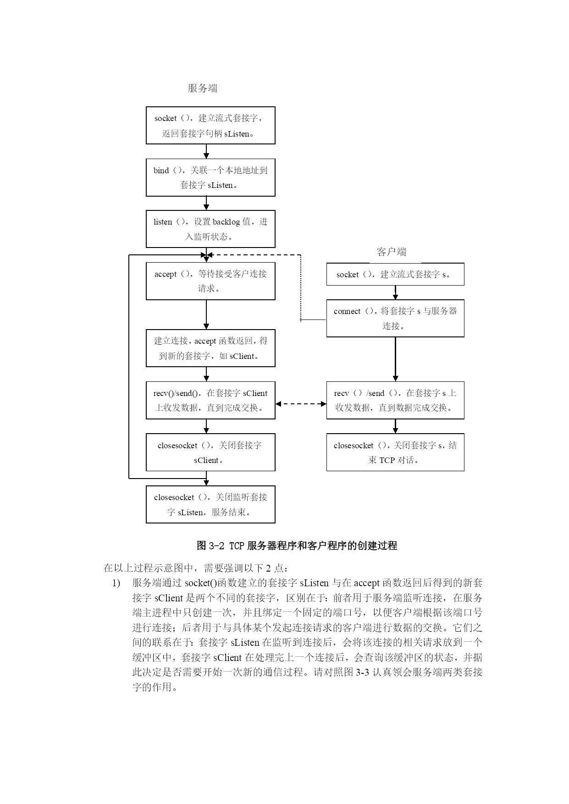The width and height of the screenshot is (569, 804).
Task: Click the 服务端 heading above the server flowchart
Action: point(203,88)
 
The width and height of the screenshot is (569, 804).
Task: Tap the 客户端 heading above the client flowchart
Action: point(392,252)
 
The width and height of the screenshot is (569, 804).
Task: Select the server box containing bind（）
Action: point(210,177)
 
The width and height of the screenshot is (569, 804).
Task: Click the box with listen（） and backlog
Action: point(210,229)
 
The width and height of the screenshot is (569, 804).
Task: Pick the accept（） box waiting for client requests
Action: point(210,281)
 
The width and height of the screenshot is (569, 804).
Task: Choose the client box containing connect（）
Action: point(395,318)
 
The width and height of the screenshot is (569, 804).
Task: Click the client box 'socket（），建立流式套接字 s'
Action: point(395,274)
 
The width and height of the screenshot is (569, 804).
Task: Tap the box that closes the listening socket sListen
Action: point(210,504)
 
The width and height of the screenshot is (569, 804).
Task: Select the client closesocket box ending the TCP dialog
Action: point(395,452)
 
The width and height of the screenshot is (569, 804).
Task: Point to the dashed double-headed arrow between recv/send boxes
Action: point(301,404)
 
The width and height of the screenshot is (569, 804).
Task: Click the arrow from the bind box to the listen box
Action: point(206,204)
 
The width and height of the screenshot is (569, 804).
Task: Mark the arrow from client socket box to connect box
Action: point(395,292)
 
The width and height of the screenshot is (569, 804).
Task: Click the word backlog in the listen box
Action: point(226,222)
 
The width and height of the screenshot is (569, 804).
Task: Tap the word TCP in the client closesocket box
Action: point(387,460)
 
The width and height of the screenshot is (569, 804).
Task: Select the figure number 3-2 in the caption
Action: point(216,545)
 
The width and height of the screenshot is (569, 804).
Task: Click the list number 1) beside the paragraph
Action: point(116,583)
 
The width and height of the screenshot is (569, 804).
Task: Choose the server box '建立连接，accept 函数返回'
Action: point(210,348)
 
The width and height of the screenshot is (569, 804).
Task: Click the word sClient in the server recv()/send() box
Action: point(255,393)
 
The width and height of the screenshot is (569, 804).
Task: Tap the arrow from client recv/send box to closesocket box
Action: point(395,426)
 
